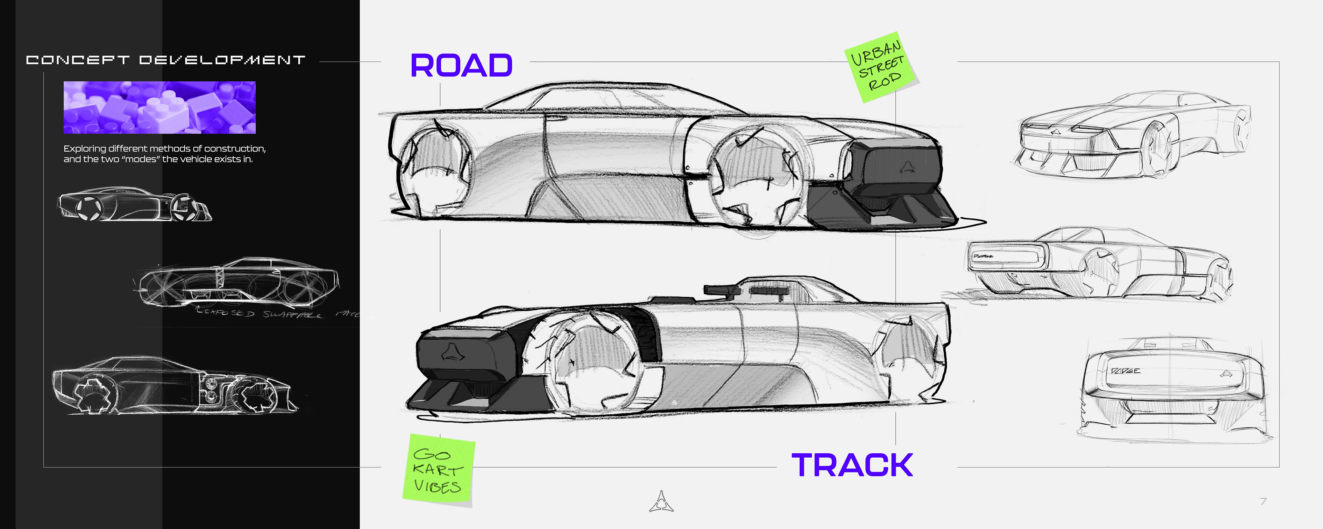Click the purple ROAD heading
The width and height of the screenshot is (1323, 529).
(461, 66)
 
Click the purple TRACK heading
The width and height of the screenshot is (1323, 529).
(852, 465)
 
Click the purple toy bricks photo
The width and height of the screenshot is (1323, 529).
(159, 107)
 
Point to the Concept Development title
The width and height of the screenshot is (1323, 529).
(165, 60)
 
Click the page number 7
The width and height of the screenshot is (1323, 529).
(1263, 501)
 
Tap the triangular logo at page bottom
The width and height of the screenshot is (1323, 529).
(661, 502)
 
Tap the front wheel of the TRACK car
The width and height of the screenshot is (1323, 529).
(585, 362)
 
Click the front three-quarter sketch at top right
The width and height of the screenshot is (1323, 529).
(1132, 136)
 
